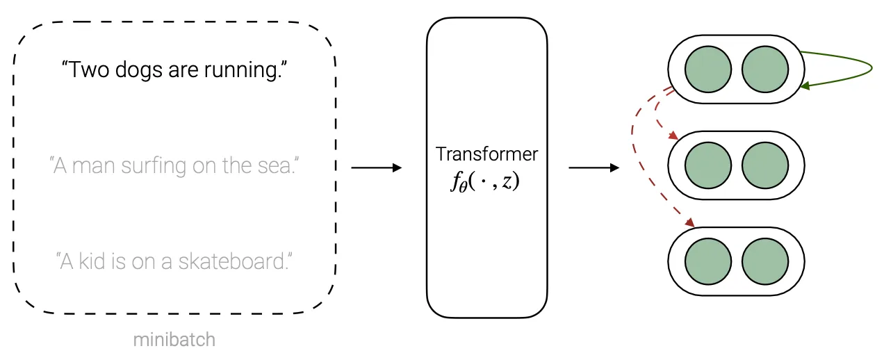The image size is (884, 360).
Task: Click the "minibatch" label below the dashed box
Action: pos(174,340)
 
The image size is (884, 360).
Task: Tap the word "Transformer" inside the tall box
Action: pos(486,154)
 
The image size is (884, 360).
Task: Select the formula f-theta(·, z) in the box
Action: pos(486,183)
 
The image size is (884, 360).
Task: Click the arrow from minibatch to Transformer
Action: pos(377,167)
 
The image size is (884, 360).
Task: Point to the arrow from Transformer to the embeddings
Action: pos(594,167)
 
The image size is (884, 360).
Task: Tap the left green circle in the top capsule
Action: pos(708,69)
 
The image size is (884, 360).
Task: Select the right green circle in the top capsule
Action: pos(765,69)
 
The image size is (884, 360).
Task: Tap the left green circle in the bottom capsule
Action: pos(708,261)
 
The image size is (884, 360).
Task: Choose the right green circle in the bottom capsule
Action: pos(765,261)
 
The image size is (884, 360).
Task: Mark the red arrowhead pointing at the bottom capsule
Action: pos(690,222)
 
